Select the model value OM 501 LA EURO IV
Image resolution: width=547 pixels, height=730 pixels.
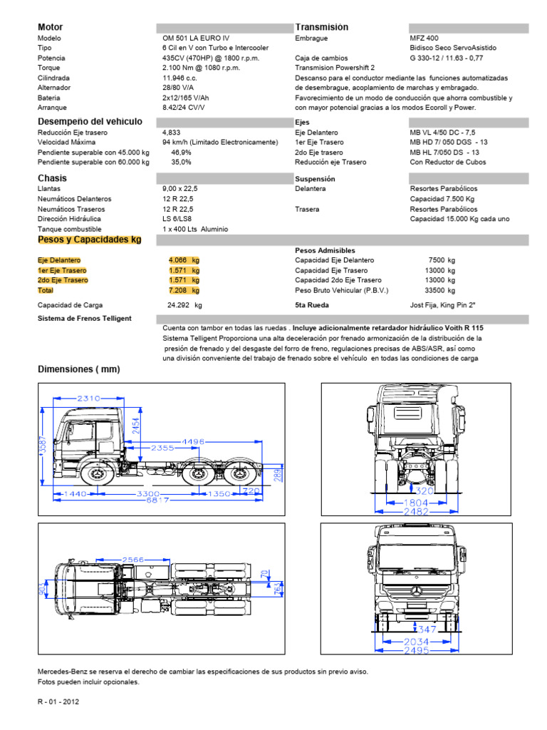196,38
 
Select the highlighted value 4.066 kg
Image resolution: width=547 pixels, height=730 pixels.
184,260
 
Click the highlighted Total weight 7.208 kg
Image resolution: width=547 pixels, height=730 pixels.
184,290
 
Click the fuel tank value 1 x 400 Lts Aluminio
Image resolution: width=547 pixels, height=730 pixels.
195,229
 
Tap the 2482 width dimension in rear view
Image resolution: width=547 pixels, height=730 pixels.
416,512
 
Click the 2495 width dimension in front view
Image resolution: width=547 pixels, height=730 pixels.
416,651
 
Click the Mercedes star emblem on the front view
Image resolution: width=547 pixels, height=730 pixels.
415,591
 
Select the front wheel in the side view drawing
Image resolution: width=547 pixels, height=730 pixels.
93,474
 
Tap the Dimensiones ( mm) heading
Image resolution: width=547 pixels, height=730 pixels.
78,369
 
